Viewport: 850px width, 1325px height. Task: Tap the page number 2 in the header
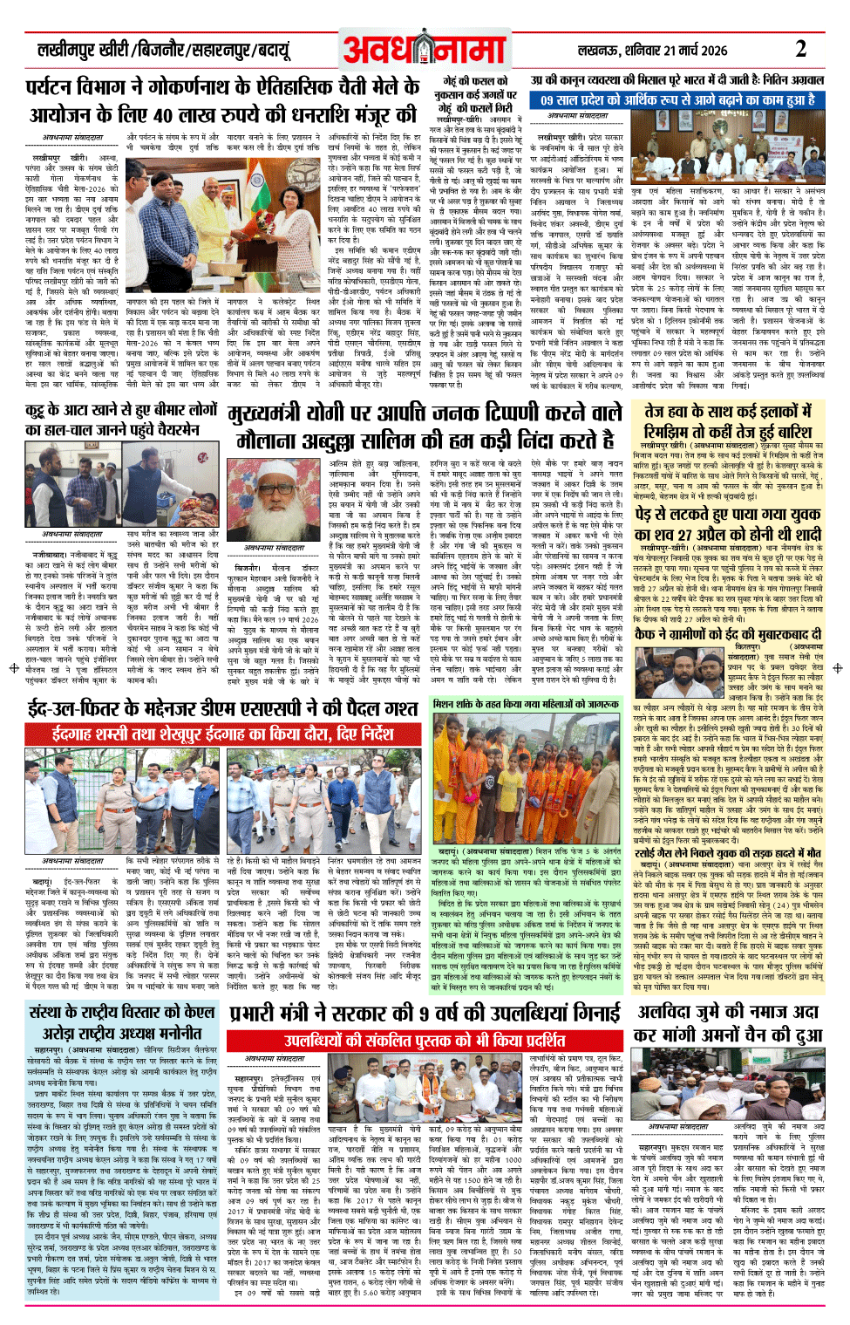tap(799, 48)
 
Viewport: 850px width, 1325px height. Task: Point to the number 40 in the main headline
tap(161, 114)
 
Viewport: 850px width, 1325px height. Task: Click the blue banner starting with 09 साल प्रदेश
tap(677, 100)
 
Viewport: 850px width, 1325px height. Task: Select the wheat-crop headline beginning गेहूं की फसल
tap(473, 93)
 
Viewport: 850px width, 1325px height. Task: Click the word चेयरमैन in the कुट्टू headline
tap(167, 429)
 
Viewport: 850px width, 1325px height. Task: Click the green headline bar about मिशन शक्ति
tap(526, 703)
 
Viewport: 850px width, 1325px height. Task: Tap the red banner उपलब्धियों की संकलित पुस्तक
tap(425, 1040)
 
